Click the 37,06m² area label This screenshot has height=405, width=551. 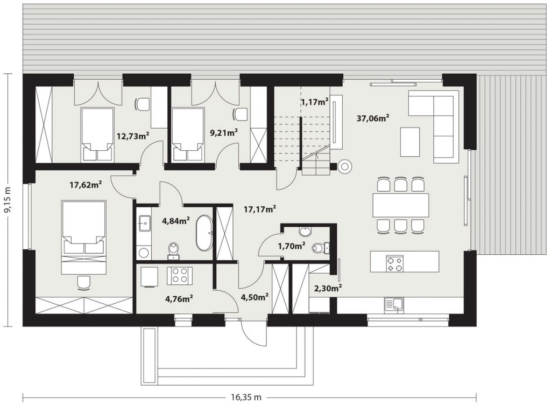click(372, 118)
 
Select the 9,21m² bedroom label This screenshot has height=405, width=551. click(224, 132)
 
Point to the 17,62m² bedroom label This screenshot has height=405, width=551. click(86, 184)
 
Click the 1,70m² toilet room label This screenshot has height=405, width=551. click(291, 246)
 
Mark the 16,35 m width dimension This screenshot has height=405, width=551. click(246, 397)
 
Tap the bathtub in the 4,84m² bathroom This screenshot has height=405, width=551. click(204, 233)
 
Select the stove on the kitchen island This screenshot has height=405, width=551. click(394, 264)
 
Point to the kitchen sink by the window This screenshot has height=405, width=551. click(394, 304)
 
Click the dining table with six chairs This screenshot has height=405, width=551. click(401, 205)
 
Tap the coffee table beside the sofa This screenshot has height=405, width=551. click(409, 142)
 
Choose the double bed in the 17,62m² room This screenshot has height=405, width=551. click(83, 238)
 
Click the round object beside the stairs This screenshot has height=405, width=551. click(345, 166)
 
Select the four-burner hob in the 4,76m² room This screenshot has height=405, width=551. click(180, 276)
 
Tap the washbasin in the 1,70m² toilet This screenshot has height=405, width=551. click(305, 232)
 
